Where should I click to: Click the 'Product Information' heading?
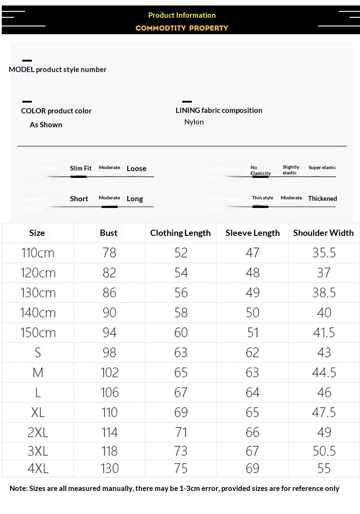182,15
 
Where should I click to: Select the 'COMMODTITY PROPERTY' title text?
182,28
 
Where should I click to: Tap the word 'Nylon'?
194,122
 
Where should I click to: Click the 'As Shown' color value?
46,125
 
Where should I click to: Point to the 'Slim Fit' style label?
81,168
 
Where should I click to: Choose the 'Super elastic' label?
322,168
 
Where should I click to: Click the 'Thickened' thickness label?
323,198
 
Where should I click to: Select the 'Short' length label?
79,199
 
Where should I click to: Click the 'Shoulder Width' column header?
324,233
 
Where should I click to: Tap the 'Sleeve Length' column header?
252,233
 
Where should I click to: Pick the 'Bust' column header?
109,233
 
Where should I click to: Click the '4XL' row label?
38,468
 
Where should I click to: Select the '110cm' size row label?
38,253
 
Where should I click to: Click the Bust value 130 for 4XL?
109,468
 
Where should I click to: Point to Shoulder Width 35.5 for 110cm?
324,253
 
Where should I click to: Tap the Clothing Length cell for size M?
181,373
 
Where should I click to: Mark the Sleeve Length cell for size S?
252,353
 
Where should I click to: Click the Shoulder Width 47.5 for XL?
324,413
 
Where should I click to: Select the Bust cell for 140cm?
109,313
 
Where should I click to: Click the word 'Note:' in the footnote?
19,489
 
